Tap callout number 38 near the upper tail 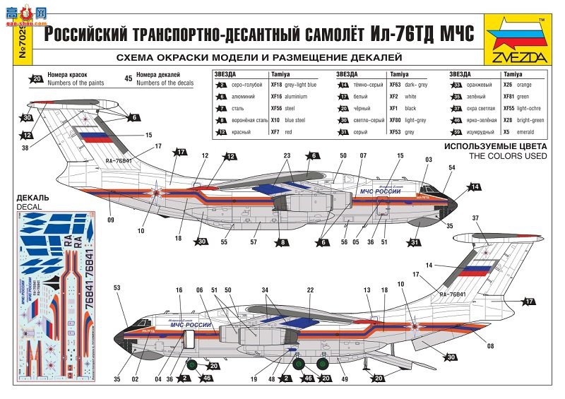point(25,148)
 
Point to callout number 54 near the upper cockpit point(452,167)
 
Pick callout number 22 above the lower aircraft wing point(310,290)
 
